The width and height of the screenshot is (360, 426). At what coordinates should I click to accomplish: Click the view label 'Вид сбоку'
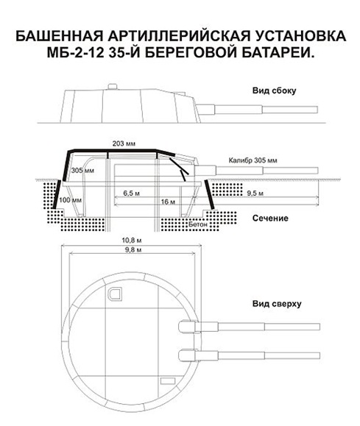pos(274,90)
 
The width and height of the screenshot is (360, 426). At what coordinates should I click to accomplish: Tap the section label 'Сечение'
pos(270,219)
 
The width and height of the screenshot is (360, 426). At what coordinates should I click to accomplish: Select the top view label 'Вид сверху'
pos(277,304)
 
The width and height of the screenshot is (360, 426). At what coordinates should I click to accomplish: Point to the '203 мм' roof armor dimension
pos(124,143)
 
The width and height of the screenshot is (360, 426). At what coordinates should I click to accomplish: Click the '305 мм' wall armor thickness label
pos(82,171)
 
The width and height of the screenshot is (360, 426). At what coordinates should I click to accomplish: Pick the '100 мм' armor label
pos(71,200)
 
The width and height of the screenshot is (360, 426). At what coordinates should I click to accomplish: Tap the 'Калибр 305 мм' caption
pos(253,160)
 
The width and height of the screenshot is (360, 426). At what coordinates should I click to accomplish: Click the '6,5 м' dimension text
pos(131,194)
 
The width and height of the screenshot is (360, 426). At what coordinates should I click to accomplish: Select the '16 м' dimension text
pos(168,202)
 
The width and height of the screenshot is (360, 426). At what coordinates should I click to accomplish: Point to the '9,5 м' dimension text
pos(255,194)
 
